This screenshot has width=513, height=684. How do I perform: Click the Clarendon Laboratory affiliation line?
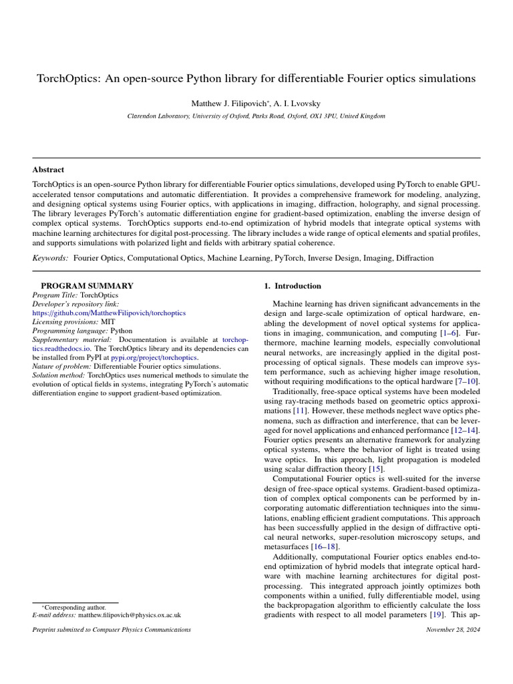pos(256,116)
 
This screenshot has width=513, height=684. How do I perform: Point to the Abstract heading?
pos(48,170)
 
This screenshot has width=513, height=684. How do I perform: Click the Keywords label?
pos(50,258)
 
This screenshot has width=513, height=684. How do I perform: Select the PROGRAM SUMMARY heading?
pos(87,286)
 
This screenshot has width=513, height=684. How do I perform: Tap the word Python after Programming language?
pos(121,331)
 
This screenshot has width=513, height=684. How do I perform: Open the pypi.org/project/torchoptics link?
pos(149,357)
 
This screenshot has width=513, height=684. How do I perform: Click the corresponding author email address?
pos(129,615)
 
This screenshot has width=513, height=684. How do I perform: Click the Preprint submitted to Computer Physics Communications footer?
pos(112,629)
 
